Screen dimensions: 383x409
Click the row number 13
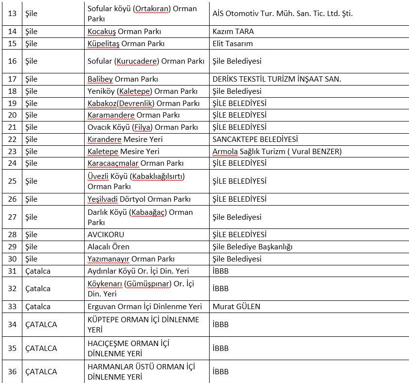[13, 14]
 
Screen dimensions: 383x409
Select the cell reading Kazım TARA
[233, 32]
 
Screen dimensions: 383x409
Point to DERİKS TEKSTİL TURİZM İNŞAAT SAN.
[283, 79]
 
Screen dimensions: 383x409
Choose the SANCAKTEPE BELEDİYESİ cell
[255, 139]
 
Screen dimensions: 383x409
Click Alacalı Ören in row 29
[108, 247]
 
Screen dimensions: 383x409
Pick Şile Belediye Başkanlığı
[252, 247]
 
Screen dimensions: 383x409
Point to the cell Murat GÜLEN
[236, 307]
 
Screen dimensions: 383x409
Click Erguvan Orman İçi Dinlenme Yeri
[144, 307]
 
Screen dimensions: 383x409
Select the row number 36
[13, 372]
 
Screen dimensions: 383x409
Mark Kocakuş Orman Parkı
[124, 32]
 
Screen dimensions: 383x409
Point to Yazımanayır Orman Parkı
[131, 259]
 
